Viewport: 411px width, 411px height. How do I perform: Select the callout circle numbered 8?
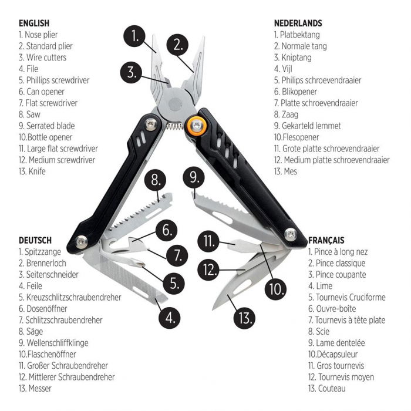click(x=154, y=181)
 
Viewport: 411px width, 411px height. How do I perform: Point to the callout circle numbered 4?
click(x=170, y=318)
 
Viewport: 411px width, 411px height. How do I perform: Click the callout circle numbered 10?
click(x=275, y=288)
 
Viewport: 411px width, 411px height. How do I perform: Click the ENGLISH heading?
click(x=34, y=23)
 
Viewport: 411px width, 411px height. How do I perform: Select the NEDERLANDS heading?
click(x=298, y=23)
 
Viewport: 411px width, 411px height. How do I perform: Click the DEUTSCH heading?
click(x=35, y=240)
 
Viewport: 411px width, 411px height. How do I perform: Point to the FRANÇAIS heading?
click(x=326, y=240)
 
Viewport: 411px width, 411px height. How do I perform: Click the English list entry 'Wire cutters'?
click(x=42, y=58)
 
